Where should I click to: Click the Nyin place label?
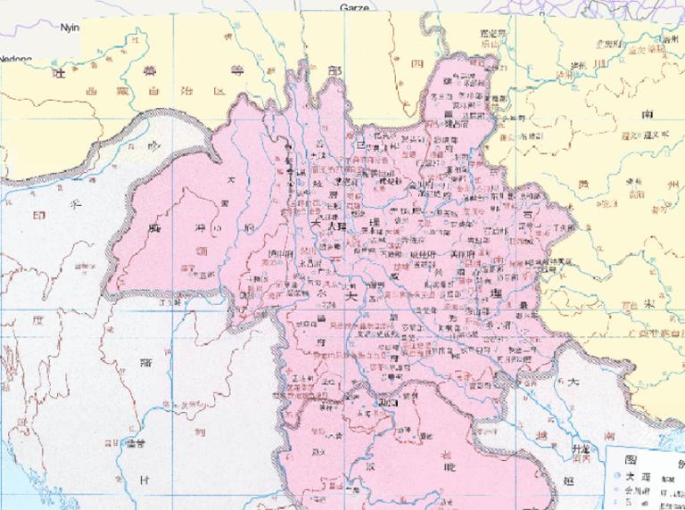[70, 27]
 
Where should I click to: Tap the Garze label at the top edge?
[355, 7]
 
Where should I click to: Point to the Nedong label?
[16, 59]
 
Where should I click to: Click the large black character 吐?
[60, 73]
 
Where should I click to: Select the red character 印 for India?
[39, 215]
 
